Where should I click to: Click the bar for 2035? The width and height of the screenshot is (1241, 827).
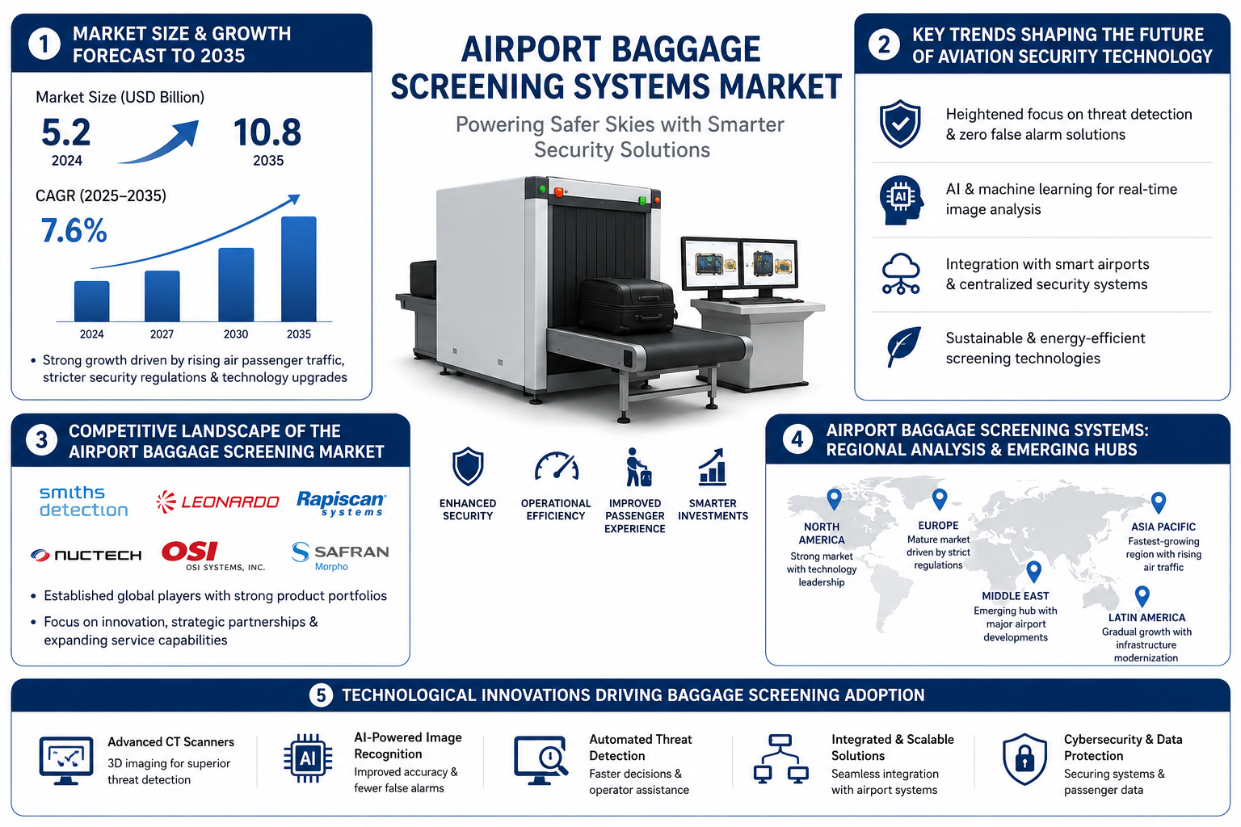pyautogui.click(x=299, y=269)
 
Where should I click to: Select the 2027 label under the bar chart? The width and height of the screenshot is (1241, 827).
pyautogui.click(x=162, y=334)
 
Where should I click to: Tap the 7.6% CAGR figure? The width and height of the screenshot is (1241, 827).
pyautogui.click(x=74, y=230)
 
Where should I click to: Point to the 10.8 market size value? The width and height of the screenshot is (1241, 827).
pyautogui.click(x=267, y=132)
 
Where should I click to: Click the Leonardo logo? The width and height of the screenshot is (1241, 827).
pyautogui.click(x=217, y=502)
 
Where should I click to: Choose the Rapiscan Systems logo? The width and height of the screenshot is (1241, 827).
pyautogui.click(x=341, y=503)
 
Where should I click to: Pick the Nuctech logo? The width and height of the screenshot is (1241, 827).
pyautogui.click(x=86, y=555)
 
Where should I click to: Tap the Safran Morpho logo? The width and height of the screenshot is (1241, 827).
pyautogui.click(x=340, y=556)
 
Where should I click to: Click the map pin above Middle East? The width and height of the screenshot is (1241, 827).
pyautogui.click(x=1034, y=571)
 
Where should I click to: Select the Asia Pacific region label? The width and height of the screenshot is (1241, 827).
pyautogui.click(x=1163, y=527)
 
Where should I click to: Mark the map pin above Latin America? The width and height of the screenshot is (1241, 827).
pyautogui.click(x=1142, y=597)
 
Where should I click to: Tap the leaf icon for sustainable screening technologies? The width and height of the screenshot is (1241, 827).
pyautogui.click(x=903, y=346)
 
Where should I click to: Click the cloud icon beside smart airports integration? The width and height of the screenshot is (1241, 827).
pyautogui.click(x=901, y=274)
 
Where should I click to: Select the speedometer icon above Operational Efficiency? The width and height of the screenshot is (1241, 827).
pyautogui.click(x=556, y=467)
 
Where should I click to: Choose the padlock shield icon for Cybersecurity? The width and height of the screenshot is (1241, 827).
pyautogui.click(x=1024, y=759)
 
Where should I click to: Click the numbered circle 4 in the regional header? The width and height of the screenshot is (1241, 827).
pyautogui.click(x=797, y=440)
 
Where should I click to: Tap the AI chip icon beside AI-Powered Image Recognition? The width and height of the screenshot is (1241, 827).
pyautogui.click(x=308, y=758)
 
